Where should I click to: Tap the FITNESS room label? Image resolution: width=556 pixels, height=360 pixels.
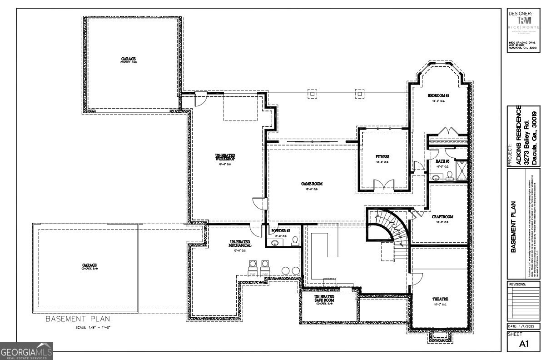[382, 157]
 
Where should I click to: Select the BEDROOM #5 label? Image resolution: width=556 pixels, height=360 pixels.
[438, 96]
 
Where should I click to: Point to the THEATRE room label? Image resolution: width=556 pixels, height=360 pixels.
[440, 299]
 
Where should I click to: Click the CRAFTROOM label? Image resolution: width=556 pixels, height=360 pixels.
[442, 217]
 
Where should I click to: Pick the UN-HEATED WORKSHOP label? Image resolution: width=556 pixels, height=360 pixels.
[225, 158]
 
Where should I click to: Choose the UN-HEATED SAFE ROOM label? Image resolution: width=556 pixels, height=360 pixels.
[324, 299]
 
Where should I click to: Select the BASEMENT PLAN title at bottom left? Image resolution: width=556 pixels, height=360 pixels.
[77, 319]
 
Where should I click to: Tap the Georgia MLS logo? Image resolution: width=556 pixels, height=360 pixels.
[27, 351]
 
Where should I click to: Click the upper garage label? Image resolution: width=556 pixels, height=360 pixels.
[129, 59]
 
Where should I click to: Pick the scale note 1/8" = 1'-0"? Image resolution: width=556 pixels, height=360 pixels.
[93, 327]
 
